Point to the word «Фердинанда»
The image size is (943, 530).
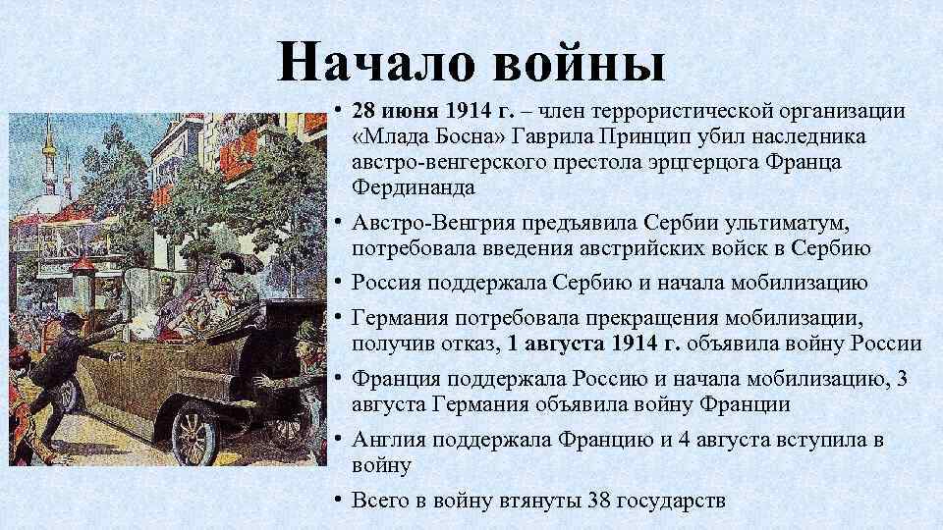(416, 185)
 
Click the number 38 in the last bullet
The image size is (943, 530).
(598, 500)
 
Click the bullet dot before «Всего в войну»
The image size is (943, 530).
(336, 499)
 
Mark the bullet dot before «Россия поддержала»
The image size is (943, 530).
(336, 283)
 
